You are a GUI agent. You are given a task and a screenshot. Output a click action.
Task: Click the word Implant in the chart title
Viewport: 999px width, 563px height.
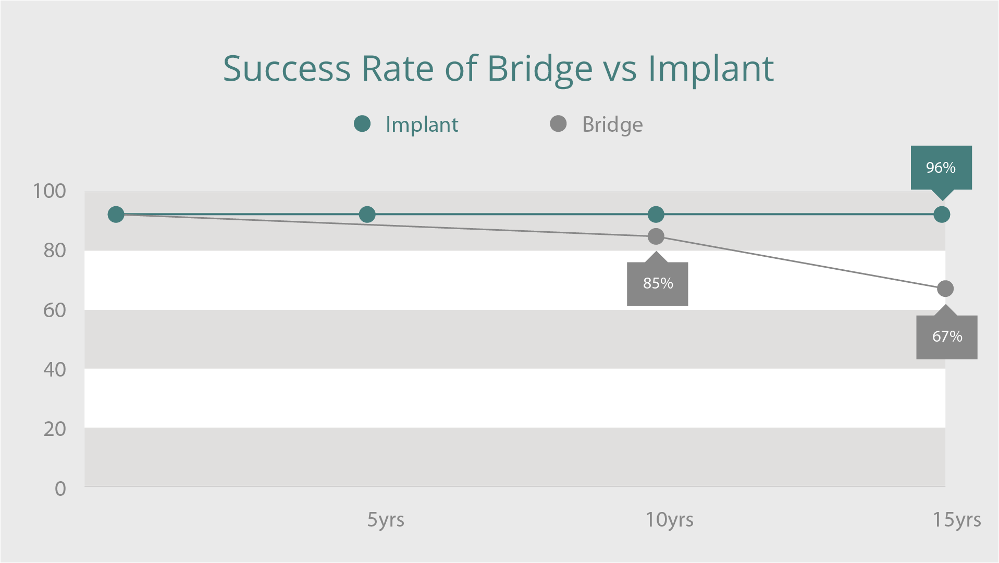point(710,69)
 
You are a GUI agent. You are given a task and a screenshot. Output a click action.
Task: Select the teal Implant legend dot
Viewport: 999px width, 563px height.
point(362,124)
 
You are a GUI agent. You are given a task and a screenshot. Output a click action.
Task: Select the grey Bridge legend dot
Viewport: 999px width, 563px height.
point(558,124)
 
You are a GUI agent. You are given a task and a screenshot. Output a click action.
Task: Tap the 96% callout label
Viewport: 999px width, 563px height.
point(941,168)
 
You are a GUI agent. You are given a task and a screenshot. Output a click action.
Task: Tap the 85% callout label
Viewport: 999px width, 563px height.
point(658,283)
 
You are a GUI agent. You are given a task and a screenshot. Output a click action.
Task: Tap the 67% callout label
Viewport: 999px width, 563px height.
point(947,336)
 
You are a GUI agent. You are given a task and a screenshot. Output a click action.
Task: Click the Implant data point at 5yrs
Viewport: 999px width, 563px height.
point(367,215)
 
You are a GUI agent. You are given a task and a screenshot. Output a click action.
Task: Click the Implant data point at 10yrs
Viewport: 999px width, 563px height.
point(656,215)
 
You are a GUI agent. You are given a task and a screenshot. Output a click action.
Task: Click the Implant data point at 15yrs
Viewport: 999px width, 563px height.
point(941,215)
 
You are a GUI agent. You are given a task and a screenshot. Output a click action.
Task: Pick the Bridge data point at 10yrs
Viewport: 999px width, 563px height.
point(656,236)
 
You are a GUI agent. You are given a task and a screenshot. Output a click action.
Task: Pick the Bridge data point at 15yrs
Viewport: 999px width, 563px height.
point(945,289)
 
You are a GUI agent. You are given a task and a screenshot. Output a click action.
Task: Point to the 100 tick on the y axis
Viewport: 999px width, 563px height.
point(50,191)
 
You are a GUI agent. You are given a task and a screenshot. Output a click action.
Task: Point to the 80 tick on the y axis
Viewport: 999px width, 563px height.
point(55,251)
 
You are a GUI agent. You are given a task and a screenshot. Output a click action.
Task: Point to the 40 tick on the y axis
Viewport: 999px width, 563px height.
point(55,370)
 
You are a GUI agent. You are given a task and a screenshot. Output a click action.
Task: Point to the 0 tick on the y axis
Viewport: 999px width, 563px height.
point(60,489)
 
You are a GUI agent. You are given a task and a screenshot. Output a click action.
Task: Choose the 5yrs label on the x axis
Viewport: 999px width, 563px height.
point(386,520)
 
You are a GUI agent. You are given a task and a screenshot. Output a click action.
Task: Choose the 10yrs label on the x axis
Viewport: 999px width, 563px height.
point(669,520)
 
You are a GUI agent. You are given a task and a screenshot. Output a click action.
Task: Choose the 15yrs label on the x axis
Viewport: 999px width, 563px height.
point(956,520)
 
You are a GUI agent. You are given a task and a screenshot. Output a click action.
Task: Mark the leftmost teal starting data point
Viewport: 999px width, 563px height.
point(116,215)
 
